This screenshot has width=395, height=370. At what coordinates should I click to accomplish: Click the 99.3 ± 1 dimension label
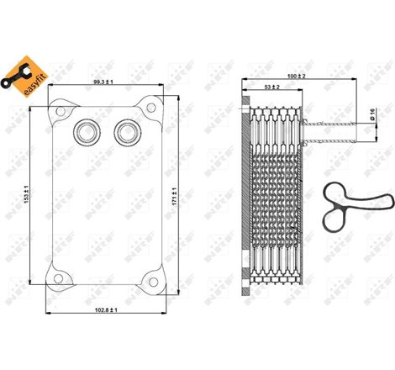[x=103, y=83]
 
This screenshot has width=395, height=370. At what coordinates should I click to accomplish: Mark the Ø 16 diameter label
[x=372, y=115]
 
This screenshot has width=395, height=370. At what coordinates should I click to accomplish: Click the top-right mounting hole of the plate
[x=152, y=107]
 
